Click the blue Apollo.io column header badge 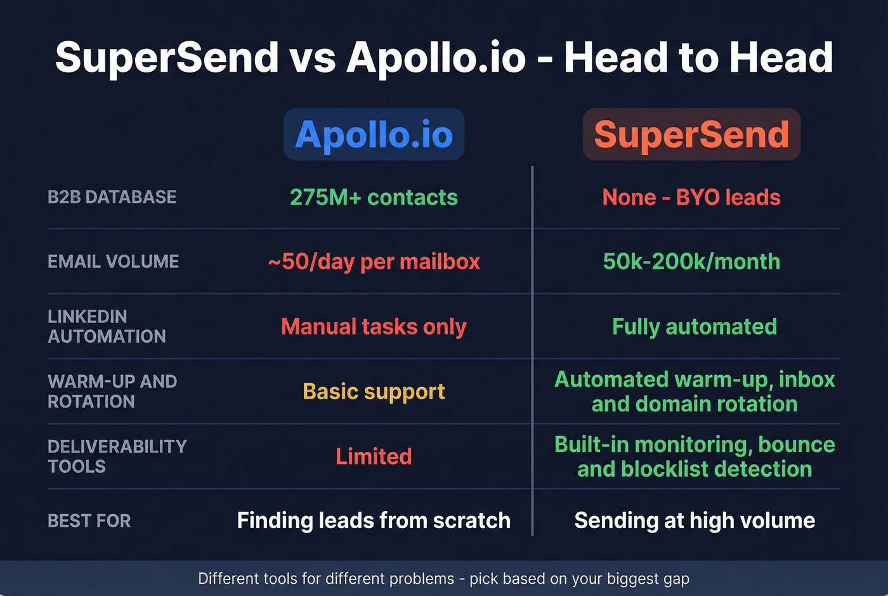[x=374, y=135]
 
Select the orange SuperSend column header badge [x=691, y=135]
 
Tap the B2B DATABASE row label [x=112, y=197]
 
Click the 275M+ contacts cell [x=374, y=197]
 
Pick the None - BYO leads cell [x=691, y=197]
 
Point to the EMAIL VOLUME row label [x=114, y=262]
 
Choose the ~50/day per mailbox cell [x=374, y=262]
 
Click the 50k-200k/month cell [x=691, y=262]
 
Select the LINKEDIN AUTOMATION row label [x=107, y=326]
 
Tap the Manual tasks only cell [x=374, y=326]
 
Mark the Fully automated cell [x=695, y=326]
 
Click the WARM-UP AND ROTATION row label [x=112, y=391]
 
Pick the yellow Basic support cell [x=374, y=391]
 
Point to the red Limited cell [x=374, y=456]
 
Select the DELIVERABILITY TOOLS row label [x=117, y=456]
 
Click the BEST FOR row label [x=89, y=521]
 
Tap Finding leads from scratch [x=374, y=520]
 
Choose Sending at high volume [x=695, y=520]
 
